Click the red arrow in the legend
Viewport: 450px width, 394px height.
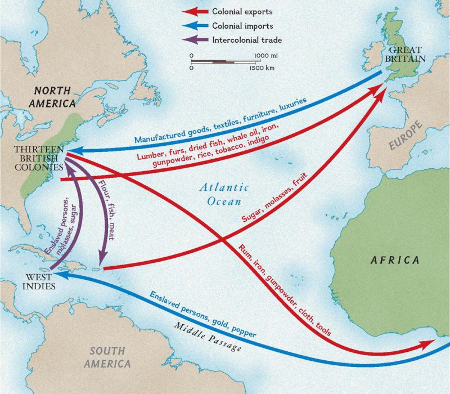pos(195,12)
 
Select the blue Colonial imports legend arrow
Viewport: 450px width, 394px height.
pos(195,26)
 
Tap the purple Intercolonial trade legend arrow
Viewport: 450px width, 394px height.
pos(195,40)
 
